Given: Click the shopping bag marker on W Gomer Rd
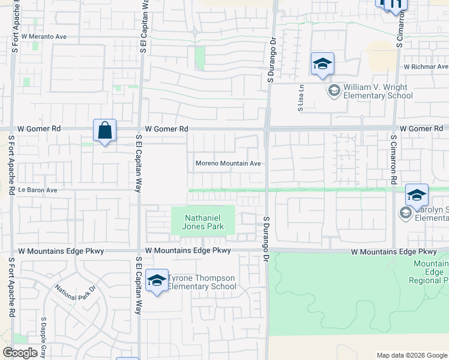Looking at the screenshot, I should pos(105,130).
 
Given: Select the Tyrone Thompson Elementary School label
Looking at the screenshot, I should pos(203,282).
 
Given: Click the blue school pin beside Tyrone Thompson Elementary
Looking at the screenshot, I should pos(157,280).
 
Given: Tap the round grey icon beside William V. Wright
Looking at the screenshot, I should pos(334,91).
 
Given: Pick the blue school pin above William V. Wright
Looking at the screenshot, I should pos(322,64).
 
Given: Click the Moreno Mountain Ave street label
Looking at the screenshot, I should pos(228,163).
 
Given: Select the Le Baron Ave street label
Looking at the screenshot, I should pos(37,190).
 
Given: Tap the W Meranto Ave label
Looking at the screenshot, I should pos(44,37).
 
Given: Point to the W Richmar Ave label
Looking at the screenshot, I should pos(426,67).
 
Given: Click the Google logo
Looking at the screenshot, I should pos(20,353).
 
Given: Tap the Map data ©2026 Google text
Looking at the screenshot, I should pos(411,355).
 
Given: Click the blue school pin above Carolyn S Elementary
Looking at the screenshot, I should pos(417,195).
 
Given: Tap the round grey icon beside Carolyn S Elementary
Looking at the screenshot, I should pos(405,213).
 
